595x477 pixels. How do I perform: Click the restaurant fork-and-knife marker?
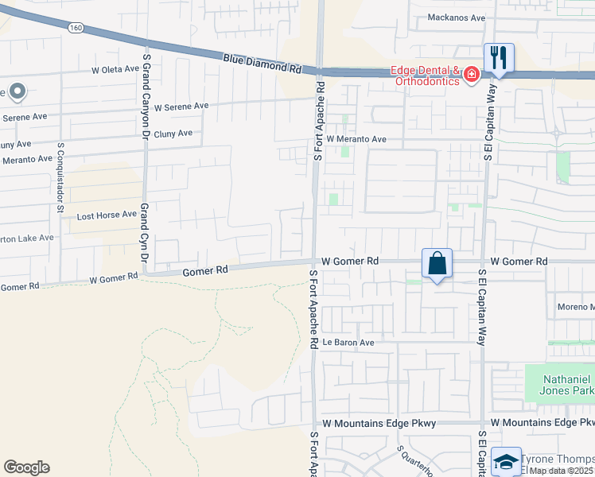pyautogui.click(x=499, y=57)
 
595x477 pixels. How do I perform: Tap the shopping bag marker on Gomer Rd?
pyautogui.click(x=437, y=262)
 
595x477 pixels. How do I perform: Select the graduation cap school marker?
pyautogui.click(x=506, y=461)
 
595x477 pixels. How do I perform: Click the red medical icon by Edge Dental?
pyautogui.click(x=472, y=75)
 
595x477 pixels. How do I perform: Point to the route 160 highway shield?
pyautogui.click(x=76, y=27)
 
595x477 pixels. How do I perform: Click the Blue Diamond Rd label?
pyautogui.click(x=262, y=64)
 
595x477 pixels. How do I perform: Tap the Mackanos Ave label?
pyautogui.click(x=456, y=17)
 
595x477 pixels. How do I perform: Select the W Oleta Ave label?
pyautogui.click(x=115, y=70)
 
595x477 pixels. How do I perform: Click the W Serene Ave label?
pyautogui.click(x=181, y=106)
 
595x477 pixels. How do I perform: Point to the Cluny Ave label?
pyautogui.click(x=173, y=134)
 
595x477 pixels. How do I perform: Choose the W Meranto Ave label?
pyautogui.click(x=356, y=139)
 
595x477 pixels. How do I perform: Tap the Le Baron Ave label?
pyautogui.click(x=348, y=343)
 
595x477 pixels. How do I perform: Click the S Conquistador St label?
pyautogui.click(x=60, y=179)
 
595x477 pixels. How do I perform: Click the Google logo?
pyautogui.click(x=26, y=467)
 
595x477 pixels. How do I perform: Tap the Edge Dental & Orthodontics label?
pyautogui.click(x=425, y=76)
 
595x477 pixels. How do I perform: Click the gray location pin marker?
pyautogui.click(x=16, y=92)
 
